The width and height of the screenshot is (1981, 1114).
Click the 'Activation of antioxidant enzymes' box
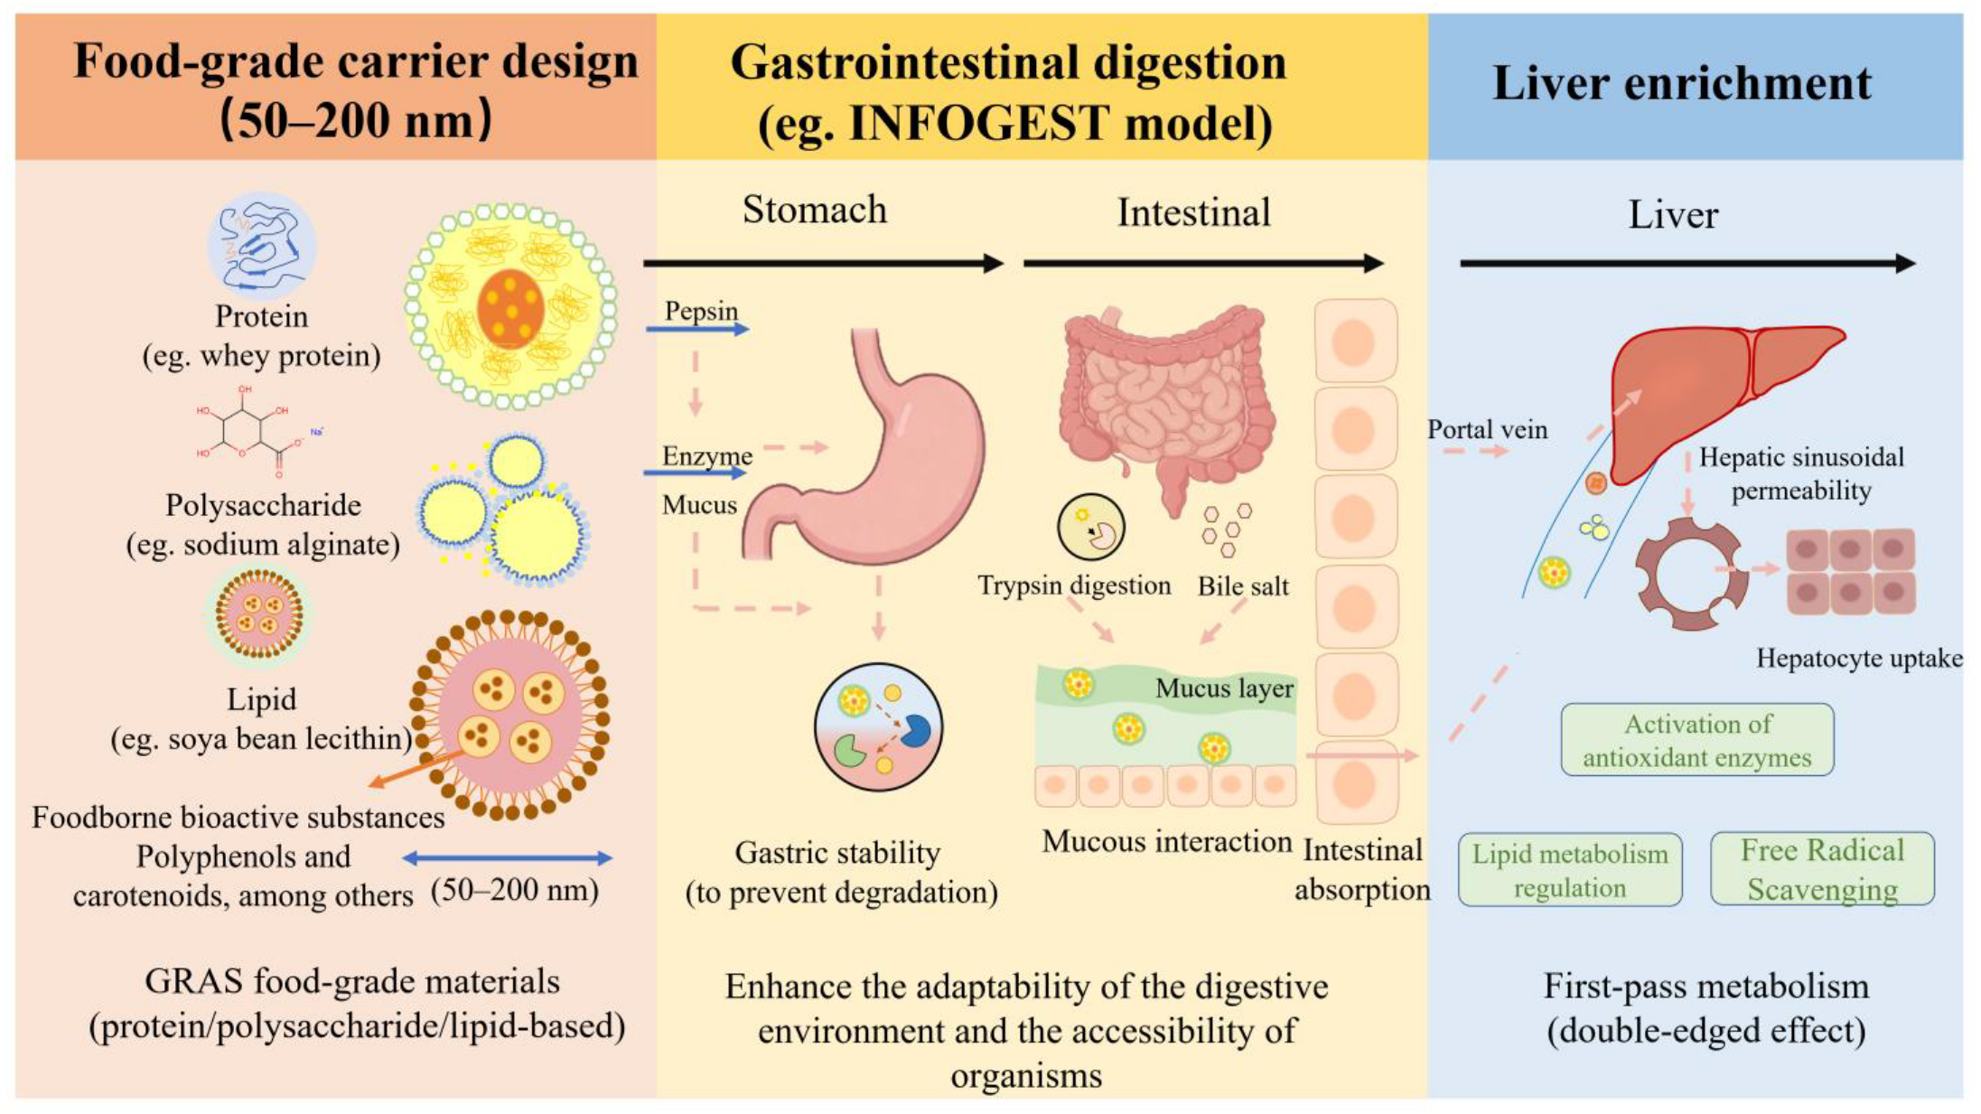1697,740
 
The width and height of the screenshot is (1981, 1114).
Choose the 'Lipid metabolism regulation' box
1570,870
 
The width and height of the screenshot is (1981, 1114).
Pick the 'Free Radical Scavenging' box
1822,869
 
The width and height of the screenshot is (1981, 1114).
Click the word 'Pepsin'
701,312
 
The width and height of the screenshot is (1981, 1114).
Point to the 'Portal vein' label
1487,430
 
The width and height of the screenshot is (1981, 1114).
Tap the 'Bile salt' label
1243,586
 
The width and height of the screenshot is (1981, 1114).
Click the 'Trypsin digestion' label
1074,585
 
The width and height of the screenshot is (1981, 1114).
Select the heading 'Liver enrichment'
1682,83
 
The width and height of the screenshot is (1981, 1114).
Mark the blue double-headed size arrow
507,858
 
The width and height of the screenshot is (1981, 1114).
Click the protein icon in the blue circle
262,246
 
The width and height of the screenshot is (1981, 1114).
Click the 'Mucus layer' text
1224,688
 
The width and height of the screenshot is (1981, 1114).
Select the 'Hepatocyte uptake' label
1859,658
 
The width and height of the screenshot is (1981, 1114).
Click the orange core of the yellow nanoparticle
511,308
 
